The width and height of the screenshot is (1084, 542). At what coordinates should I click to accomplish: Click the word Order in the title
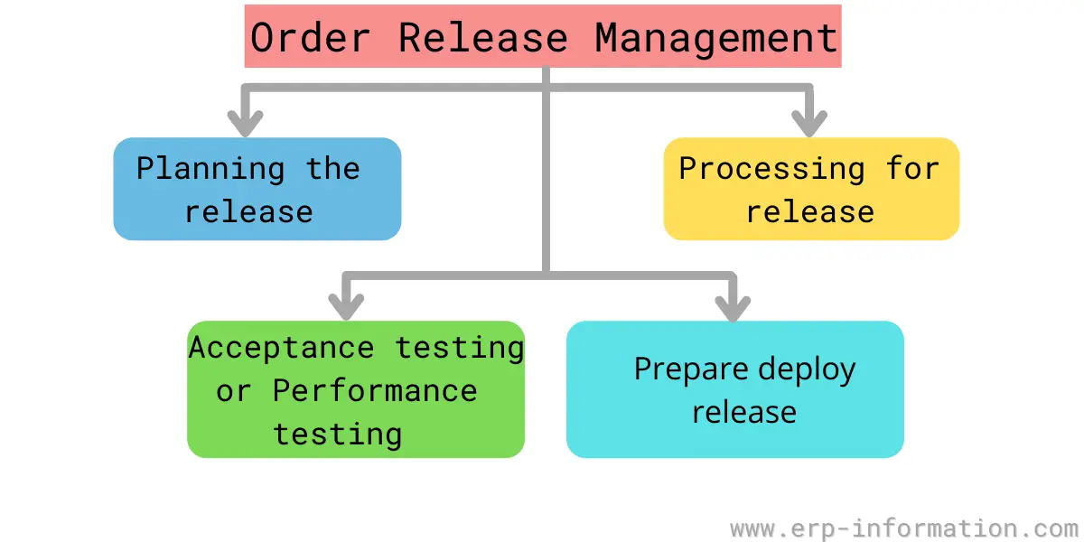tap(310, 38)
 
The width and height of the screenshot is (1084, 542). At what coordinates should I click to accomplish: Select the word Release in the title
tap(482, 38)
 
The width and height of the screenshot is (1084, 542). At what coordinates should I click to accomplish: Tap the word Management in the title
tap(716, 39)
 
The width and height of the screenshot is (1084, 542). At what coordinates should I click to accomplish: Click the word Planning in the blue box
tap(210, 169)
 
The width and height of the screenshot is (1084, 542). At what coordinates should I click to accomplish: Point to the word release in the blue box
tap(249, 212)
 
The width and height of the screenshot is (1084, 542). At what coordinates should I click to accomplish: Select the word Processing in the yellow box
tap(771, 169)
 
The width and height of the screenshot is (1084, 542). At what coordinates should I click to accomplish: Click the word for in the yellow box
tap(912, 168)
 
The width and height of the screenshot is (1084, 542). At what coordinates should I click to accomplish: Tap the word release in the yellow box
tap(810, 212)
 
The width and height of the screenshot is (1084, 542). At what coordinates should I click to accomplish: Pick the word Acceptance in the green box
tap(282, 348)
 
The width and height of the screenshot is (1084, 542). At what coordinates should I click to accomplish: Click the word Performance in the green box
tap(375, 390)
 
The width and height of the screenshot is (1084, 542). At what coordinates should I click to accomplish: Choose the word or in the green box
tap(234, 392)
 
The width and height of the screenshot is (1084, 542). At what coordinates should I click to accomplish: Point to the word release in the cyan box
tap(744, 413)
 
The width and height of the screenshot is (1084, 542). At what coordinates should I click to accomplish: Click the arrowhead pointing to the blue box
tap(246, 124)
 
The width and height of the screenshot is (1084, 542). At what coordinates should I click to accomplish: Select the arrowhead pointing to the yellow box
tap(809, 124)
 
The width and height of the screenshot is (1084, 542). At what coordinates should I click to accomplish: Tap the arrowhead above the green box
tap(346, 307)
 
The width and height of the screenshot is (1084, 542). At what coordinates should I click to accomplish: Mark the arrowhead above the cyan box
tap(733, 308)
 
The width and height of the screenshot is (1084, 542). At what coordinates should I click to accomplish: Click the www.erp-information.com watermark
tap(904, 528)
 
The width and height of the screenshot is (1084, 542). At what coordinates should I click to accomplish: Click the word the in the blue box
tap(333, 168)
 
